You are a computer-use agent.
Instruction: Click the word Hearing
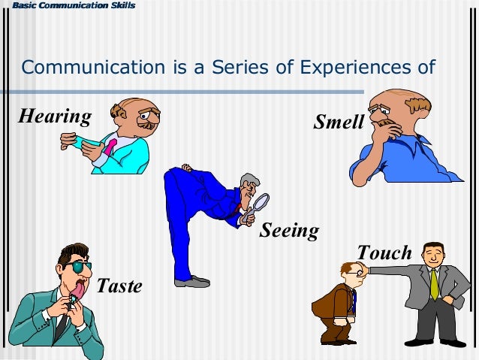pyautogui.click(x=54, y=116)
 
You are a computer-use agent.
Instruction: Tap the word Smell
pyautogui.click(x=339, y=122)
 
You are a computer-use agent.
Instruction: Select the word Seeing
pyautogui.click(x=289, y=231)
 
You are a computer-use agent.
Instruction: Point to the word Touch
pyautogui.click(x=384, y=253)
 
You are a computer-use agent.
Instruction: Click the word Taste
pyautogui.click(x=119, y=286)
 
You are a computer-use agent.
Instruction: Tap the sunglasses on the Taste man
pyautogui.click(x=77, y=266)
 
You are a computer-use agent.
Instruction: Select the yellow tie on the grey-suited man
pyautogui.click(x=434, y=283)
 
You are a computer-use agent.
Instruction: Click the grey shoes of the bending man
pyautogui.click(x=191, y=281)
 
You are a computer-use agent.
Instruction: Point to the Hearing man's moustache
pyautogui.click(x=147, y=125)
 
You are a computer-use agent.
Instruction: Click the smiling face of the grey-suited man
pyautogui.click(x=433, y=256)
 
